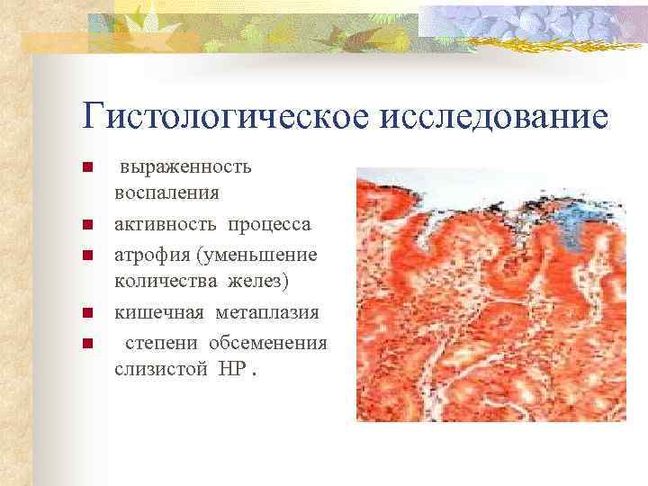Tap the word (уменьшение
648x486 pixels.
click(x=259, y=255)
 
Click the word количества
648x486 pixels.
click(x=163, y=282)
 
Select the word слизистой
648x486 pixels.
click(x=161, y=370)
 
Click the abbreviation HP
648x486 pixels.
click(x=231, y=370)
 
